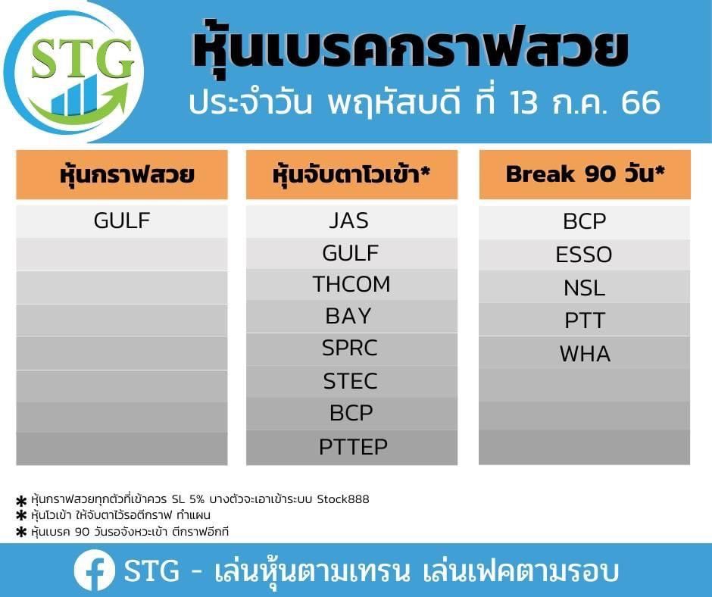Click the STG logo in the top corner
pos(73,72)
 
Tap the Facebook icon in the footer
pos(95,570)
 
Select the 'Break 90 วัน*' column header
pos(585,174)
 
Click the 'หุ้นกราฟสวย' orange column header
pos(122,174)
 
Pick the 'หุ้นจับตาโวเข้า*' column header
pos(352,174)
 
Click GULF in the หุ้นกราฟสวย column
pos(122,220)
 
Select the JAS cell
pos(348,220)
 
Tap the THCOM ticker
pos(351,284)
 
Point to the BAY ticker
pos(348,316)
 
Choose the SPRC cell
pos(350,348)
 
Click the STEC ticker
pos(350,381)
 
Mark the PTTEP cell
pos(353,447)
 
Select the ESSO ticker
pos(584,255)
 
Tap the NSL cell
pos(585,288)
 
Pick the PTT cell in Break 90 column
pos(585,320)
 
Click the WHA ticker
pos(585,354)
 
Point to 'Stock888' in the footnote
pos(343,499)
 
